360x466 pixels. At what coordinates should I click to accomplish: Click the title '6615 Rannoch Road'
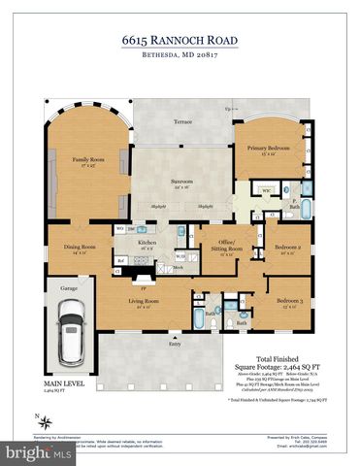click(180, 41)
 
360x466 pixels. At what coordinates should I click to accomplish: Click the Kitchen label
click(150, 246)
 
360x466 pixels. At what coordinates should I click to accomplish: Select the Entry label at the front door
click(175, 343)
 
